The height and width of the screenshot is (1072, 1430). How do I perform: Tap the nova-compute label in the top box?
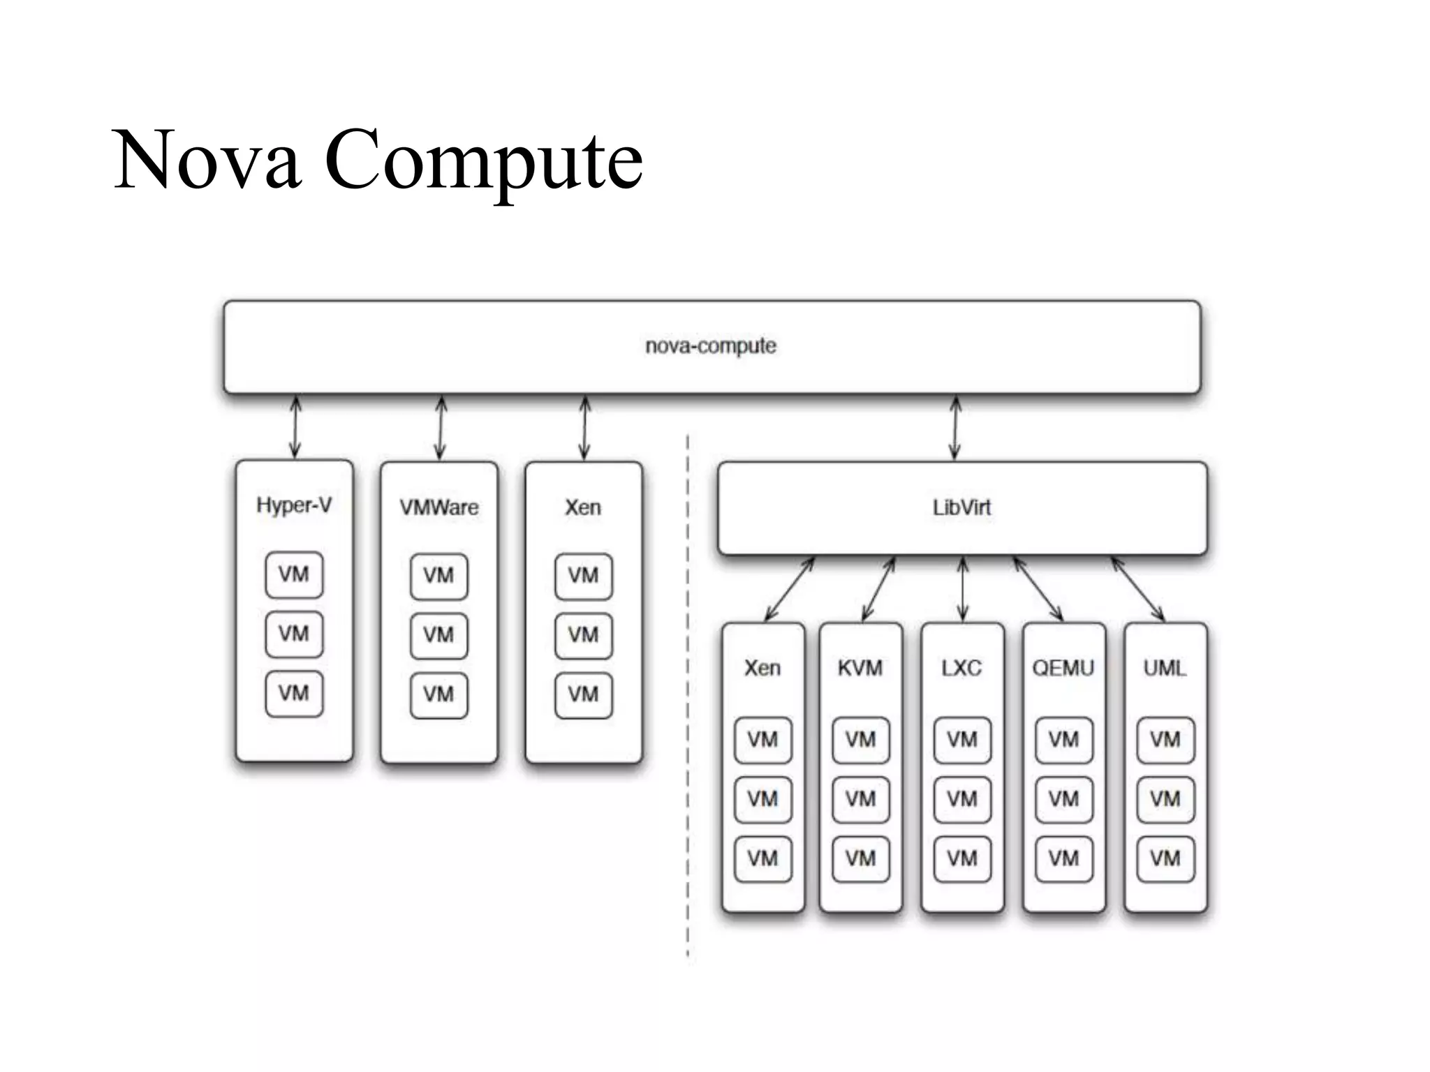coord(711,346)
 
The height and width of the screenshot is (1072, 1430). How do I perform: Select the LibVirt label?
coord(961,507)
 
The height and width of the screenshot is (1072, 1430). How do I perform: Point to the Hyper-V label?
coord(294,505)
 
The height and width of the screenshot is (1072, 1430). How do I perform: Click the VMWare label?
coord(439,507)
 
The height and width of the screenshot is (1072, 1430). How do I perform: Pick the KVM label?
coord(860,668)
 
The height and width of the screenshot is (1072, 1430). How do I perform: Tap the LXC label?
coord(961,668)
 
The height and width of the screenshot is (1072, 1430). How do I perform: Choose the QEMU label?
coord(1063,668)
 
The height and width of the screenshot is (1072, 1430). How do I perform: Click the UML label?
coord(1165,668)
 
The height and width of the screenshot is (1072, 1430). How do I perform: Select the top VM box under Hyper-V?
coord(294,574)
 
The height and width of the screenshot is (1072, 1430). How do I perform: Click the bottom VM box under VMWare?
coord(438,694)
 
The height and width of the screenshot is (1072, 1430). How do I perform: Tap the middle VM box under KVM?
coord(860,798)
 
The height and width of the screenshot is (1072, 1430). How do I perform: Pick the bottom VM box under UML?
coord(1165,858)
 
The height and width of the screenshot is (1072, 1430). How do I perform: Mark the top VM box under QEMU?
coord(1063,739)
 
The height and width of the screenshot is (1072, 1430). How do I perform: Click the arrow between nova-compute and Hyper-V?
coord(295,427)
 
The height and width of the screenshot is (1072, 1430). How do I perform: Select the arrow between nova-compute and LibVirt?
coord(956,428)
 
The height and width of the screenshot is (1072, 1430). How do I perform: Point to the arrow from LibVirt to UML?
coord(1138,589)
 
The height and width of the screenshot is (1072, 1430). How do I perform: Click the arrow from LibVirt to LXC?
coord(963,589)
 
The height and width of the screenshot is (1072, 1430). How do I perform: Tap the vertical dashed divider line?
coord(688,698)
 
